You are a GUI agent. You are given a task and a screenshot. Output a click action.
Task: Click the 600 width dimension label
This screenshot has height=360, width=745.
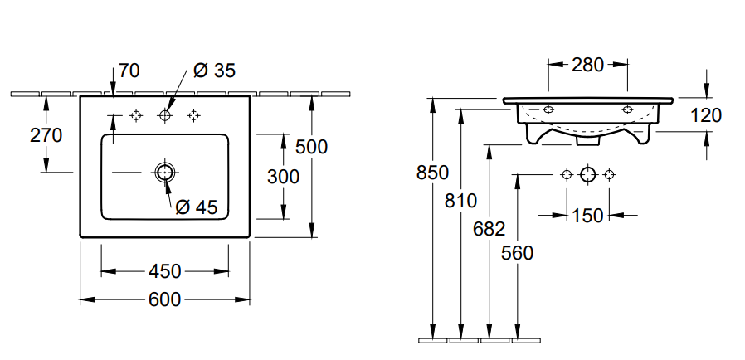pos(164,299)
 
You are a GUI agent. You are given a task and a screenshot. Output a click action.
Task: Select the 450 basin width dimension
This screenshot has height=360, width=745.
pos(164,271)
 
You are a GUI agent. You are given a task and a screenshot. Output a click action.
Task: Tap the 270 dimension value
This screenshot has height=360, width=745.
pos(46,134)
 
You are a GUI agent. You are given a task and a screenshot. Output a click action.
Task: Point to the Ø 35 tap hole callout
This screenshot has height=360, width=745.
pos(214,71)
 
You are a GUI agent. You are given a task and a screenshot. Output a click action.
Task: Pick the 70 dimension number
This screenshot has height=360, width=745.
pos(129,71)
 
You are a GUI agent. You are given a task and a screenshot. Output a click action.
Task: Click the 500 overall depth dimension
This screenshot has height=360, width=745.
pos(311,147)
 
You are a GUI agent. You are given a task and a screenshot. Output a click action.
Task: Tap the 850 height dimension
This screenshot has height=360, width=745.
pos(432,173)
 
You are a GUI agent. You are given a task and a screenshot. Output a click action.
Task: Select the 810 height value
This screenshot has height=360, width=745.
pos(460,200)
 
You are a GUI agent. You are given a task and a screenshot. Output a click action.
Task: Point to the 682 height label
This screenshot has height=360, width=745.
pos(489,228)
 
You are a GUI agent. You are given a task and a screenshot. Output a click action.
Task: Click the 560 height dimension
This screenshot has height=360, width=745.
pos(517,253)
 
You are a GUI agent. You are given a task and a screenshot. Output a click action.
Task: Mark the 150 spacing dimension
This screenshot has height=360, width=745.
pos(587,216)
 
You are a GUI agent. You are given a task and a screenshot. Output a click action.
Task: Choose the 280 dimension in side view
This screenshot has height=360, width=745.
pos(587,64)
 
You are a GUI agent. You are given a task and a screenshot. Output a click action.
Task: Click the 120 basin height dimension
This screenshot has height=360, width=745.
pos(706,115)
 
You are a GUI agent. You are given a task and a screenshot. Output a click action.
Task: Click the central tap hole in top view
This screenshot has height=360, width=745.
pos(165,114)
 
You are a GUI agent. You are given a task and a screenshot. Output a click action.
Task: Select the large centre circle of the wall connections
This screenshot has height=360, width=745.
pos(587,174)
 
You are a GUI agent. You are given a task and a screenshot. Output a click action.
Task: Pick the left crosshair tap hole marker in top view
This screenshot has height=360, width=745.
pos(137,114)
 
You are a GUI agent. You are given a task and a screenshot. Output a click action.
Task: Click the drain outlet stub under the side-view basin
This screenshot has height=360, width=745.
pos(587,140)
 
